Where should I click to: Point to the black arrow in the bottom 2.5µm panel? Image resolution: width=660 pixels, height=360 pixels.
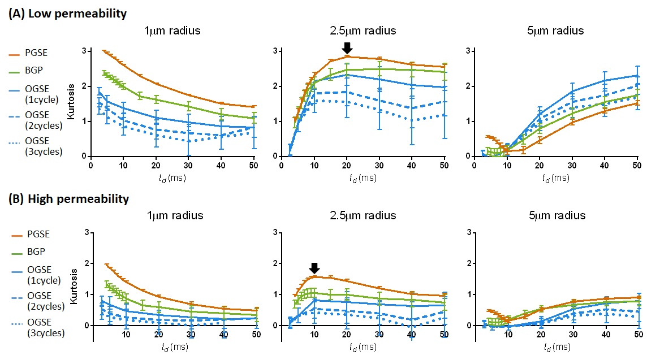click(315, 268)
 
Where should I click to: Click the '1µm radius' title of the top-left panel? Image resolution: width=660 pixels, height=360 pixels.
click(172, 31)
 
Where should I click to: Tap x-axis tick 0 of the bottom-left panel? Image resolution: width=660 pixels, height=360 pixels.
click(92, 335)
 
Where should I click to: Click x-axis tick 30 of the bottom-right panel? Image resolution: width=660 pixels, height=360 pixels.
click(572, 335)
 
